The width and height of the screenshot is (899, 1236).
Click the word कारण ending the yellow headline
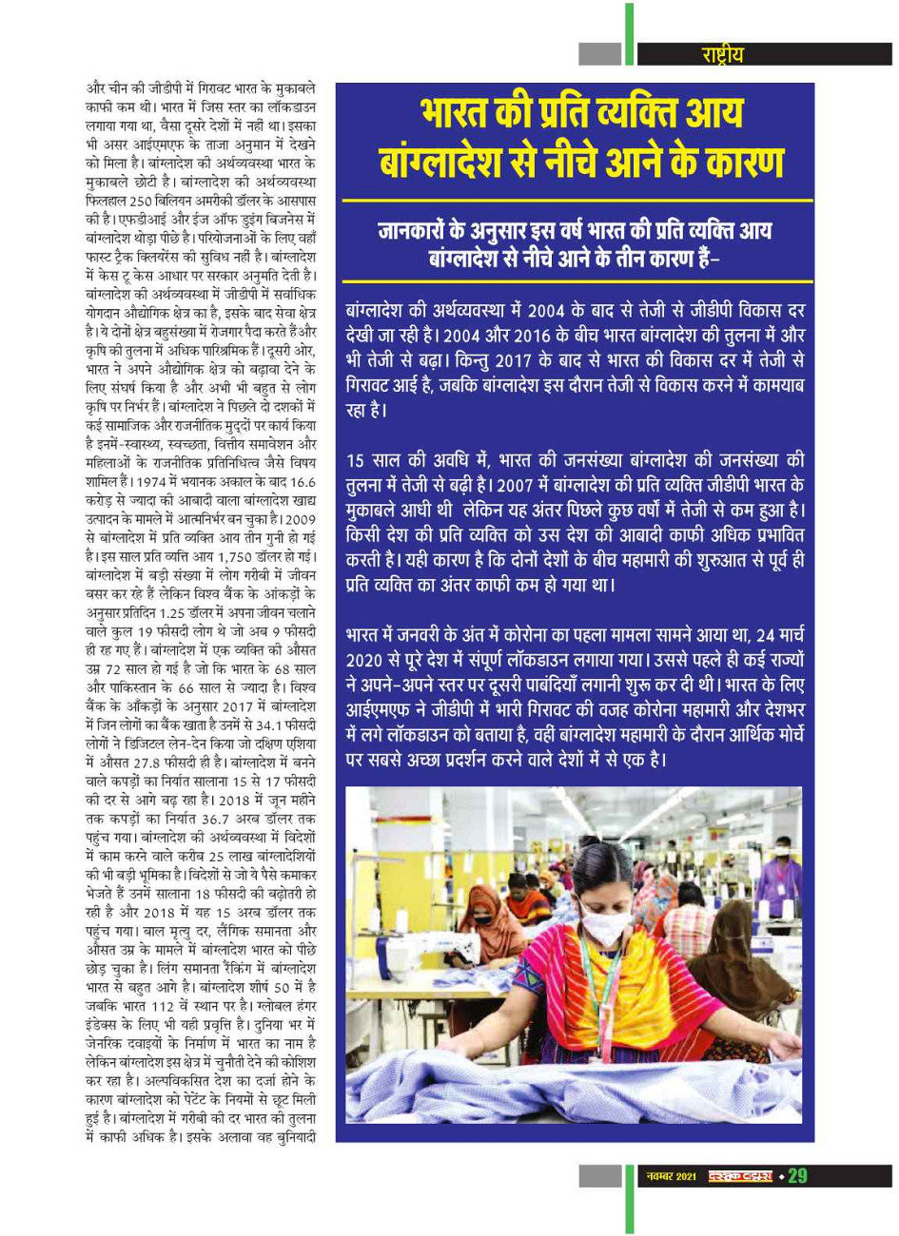733,160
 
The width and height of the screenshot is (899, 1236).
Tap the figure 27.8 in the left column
162,764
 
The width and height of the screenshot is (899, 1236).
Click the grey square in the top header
599,53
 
